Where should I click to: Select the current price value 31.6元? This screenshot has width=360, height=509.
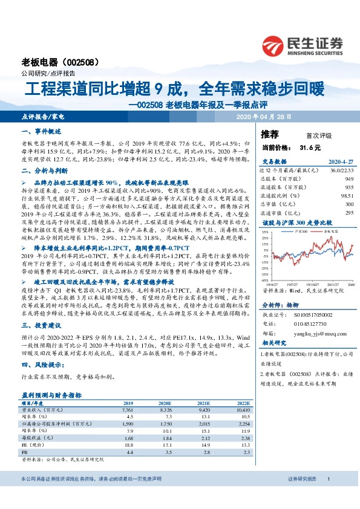coord(310,147)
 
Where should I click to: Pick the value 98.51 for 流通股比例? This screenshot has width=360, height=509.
coord(345,196)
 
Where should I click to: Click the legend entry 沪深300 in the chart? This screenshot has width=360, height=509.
coord(303,232)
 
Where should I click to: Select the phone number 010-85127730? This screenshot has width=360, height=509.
coord(307,323)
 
